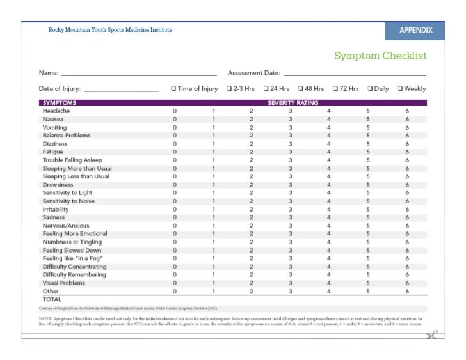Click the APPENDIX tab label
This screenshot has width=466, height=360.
point(415,31)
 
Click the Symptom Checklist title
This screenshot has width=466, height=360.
point(380,56)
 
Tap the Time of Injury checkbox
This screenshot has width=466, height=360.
point(173,89)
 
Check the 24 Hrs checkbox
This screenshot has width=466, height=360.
point(264,89)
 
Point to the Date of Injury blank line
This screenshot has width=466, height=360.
point(121,90)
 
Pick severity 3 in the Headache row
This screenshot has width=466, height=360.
point(290,111)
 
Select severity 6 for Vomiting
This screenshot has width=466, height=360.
point(407,127)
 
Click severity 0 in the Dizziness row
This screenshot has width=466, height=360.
point(174,144)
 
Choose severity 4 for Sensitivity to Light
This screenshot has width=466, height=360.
point(329,192)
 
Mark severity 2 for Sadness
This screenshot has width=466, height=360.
point(252,217)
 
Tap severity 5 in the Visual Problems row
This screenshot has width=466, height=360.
point(368,283)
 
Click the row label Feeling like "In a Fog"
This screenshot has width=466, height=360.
point(73,258)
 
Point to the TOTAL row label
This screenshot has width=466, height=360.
point(52,299)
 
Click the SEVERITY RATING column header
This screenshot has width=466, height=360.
point(293,103)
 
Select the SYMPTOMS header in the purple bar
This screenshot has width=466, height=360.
point(59,103)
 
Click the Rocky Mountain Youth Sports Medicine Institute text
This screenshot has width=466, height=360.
point(110,30)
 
